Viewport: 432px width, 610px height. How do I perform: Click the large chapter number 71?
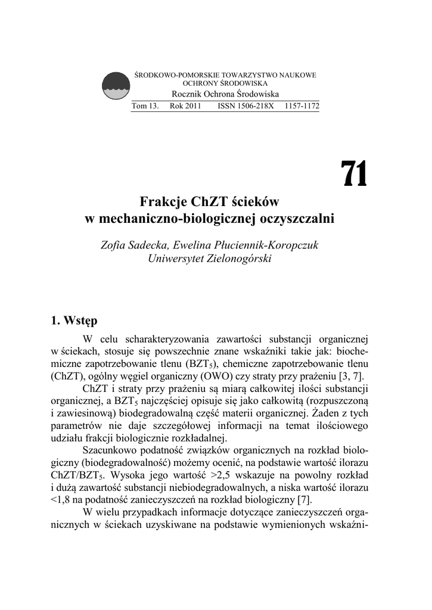(x=354, y=174)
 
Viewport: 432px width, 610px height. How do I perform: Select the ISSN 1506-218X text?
(x=245, y=107)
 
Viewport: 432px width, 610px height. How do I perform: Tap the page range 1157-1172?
(x=302, y=107)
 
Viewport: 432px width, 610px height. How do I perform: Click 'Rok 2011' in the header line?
(x=185, y=107)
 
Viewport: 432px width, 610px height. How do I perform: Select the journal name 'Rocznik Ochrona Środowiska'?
(x=225, y=95)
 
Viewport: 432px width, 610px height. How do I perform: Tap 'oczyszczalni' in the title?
(x=297, y=218)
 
